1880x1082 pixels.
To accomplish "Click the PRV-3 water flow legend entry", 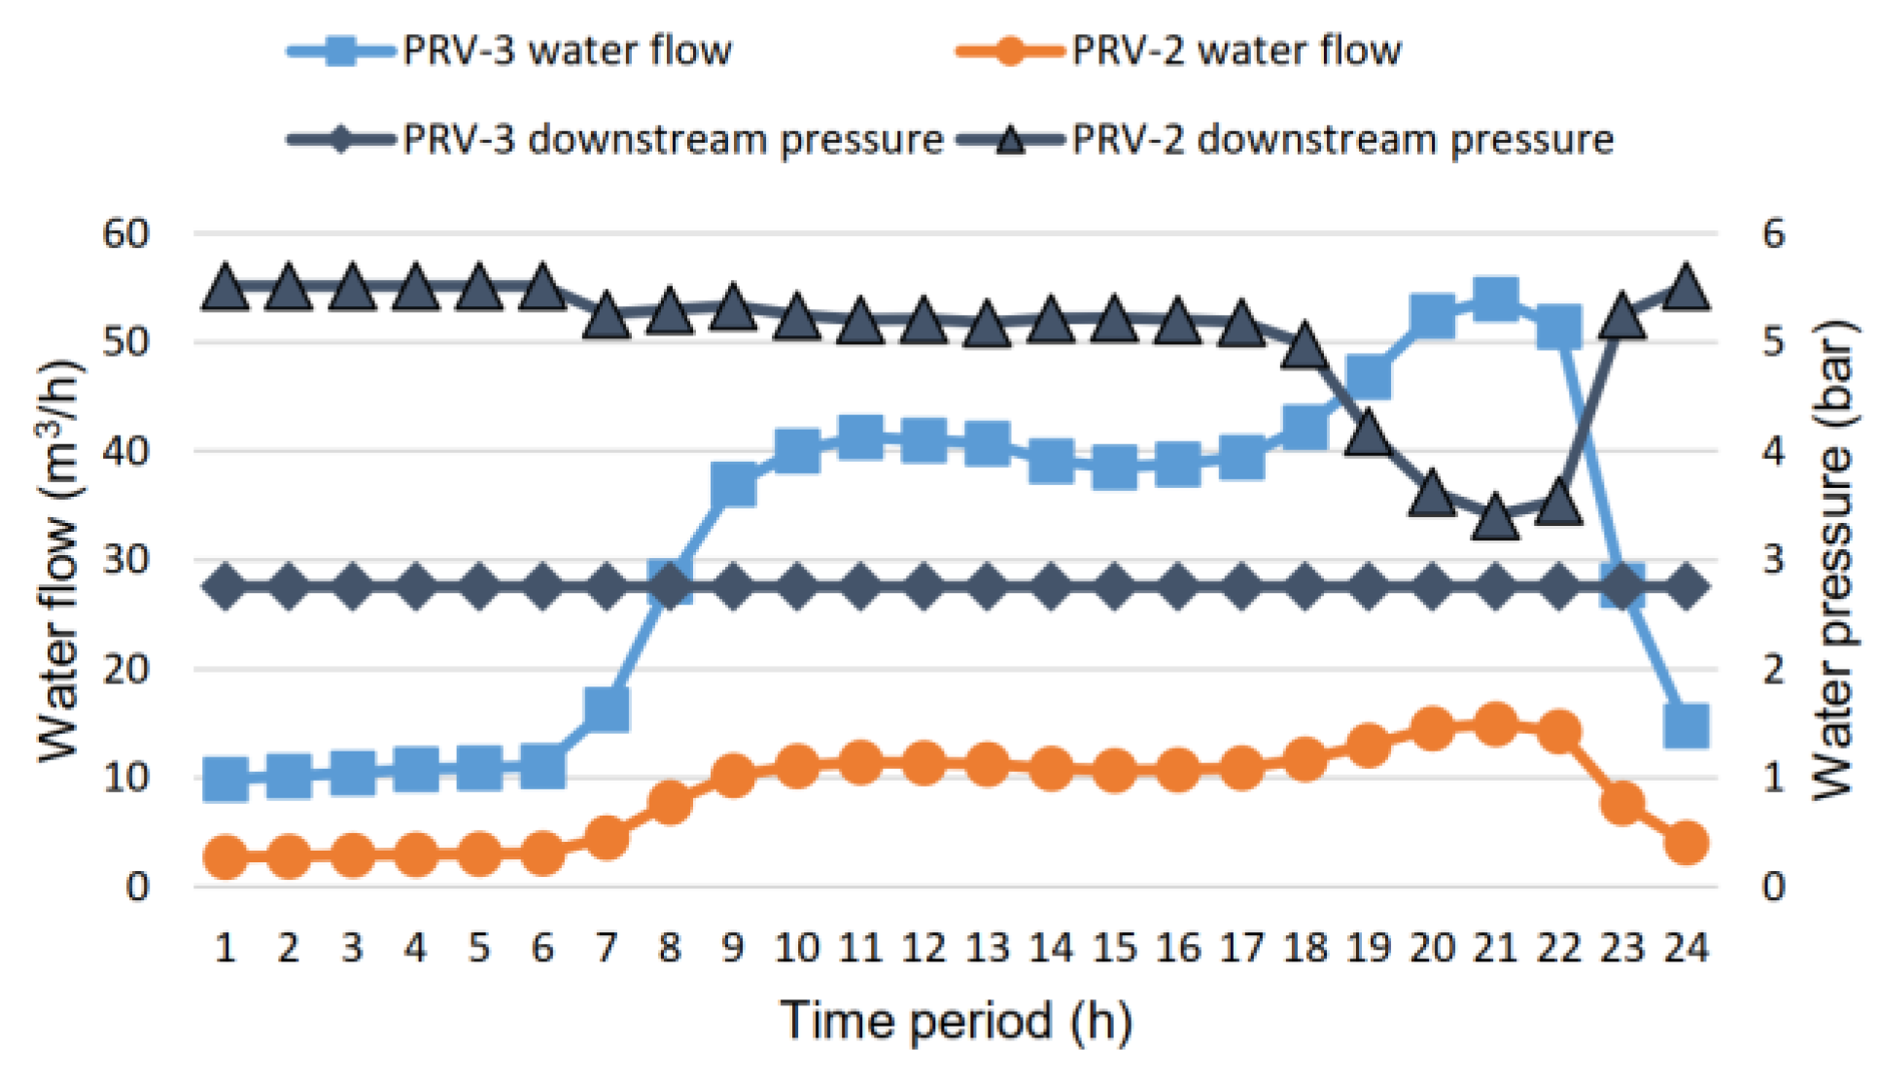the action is pos(510,51).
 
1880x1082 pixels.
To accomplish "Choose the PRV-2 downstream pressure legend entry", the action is pos(1285,140).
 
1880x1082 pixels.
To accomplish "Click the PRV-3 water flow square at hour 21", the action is pos(1495,298).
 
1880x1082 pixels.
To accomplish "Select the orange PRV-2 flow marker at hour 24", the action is pos(1686,843).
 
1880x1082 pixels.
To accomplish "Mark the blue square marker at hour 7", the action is pos(607,710).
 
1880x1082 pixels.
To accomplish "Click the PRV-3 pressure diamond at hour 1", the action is pos(226,587).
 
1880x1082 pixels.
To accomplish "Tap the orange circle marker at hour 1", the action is pos(226,857).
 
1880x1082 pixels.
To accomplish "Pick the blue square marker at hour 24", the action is pos(1686,726).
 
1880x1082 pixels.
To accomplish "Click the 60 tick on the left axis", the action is pos(126,233).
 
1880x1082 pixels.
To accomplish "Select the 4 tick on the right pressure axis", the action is pos(1773,451).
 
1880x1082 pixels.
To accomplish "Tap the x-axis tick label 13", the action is pos(987,947).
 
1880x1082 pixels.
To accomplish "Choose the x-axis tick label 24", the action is pos(1686,947).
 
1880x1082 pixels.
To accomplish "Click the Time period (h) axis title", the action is pos(957,1021).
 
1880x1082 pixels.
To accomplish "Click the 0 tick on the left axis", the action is pos(137,887).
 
